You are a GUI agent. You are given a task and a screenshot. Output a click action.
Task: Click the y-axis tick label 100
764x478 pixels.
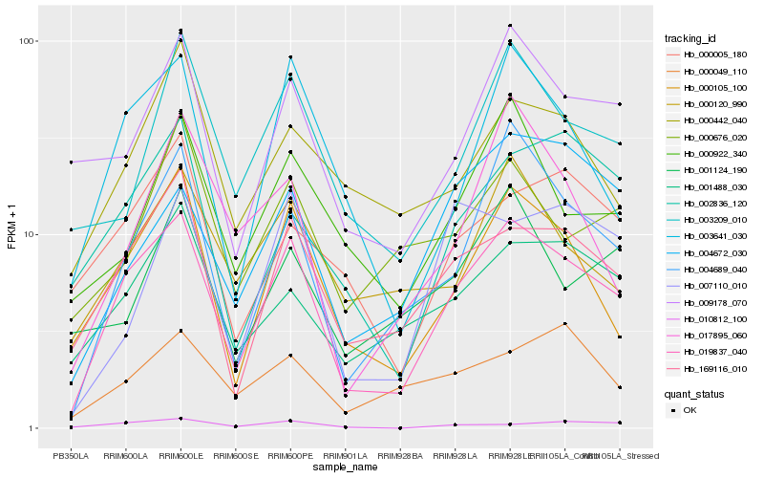pos(28,42)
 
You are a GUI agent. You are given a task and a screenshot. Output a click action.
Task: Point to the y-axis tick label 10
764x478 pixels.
pos(31,235)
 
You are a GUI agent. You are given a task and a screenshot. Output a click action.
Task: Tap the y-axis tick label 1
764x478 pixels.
pos(33,428)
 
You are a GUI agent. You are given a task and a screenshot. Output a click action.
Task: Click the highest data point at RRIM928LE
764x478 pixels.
pos(510,26)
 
